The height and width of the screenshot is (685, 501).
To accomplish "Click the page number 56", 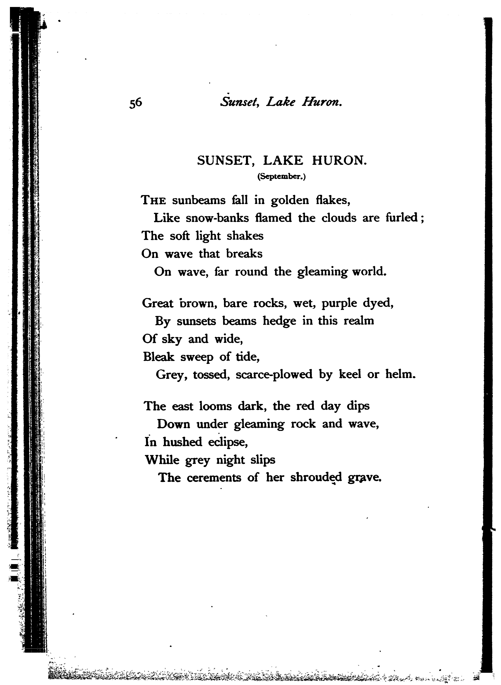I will (x=136, y=103).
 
